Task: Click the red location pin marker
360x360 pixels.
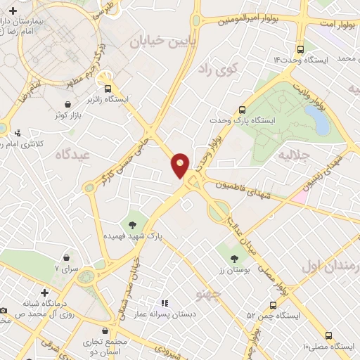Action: click(180, 165)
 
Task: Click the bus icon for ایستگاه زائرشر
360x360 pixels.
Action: click(108, 89)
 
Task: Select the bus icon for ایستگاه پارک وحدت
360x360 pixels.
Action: click(242, 110)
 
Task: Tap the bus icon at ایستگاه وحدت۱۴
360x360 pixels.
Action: click(300, 49)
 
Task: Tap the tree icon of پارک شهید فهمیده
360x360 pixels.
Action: click(131, 225)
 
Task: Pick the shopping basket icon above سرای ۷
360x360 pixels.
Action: click(67, 258)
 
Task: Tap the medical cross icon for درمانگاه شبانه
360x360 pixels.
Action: click(45, 292)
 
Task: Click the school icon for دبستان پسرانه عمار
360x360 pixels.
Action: click(164, 302)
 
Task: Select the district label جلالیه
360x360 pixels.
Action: click(294, 154)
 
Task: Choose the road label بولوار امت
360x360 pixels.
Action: click(335, 24)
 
